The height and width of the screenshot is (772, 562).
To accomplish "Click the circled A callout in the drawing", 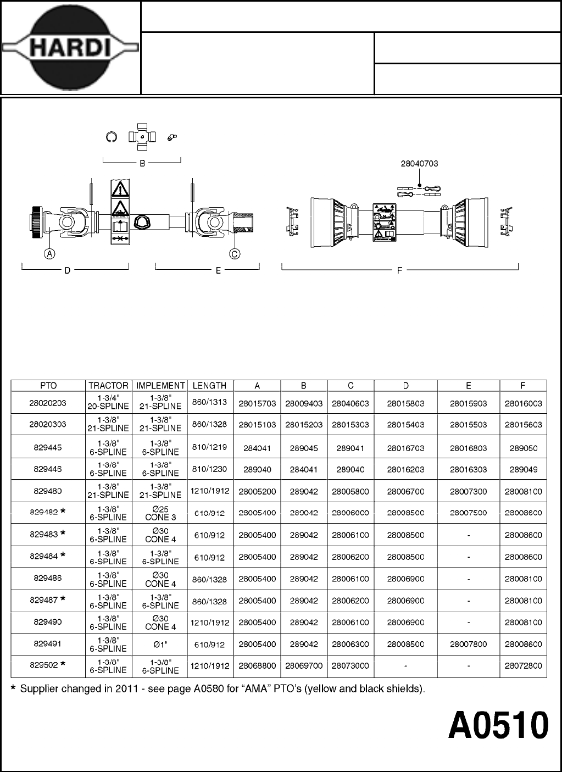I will pyautogui.click(x=49, y=254).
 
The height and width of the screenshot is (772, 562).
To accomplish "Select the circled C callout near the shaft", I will pyautogui.click(x=235, y=254).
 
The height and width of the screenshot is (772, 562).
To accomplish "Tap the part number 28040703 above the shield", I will pyautogui.click(x=419, y=163).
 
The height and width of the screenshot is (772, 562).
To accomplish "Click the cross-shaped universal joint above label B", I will pyautogui.click(x=142, y=137).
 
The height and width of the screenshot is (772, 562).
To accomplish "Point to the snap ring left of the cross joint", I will pyautogui.click(x=111, y=137).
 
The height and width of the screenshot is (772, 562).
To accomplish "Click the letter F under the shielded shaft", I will pyautogui.click(x=399, y=270).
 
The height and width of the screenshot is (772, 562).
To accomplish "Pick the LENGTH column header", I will pyautogui.click(x=210, y=386).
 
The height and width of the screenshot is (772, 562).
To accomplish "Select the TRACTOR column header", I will pyautogui.click(x=108, y=386).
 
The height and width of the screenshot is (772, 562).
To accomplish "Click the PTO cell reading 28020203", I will pyautogui.click(x=48, y=403).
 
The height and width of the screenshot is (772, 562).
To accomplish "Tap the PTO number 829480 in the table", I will pyautogui.click(x=48, y=491).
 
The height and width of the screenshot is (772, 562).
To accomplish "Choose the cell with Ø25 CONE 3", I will pyautogui.click(x=160, y=513).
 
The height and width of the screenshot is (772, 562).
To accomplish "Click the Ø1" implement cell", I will pyautogui.click(x=160, y=644).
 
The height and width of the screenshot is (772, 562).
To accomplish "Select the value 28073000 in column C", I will pyautogui.click(x=350, y=666).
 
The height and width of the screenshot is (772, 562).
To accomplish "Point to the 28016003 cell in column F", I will pyautogui.click(x=523, y=403).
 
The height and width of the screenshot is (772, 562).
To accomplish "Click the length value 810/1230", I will pyautogui.click(x=210, y=469).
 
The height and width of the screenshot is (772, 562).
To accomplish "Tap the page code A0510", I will pyautogui.click(x=498, y=726).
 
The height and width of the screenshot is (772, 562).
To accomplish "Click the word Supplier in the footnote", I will pyautogui.click(x=39, y=688).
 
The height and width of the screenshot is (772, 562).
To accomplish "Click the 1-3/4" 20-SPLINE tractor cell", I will pyautogui.click(x=108, y=403).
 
